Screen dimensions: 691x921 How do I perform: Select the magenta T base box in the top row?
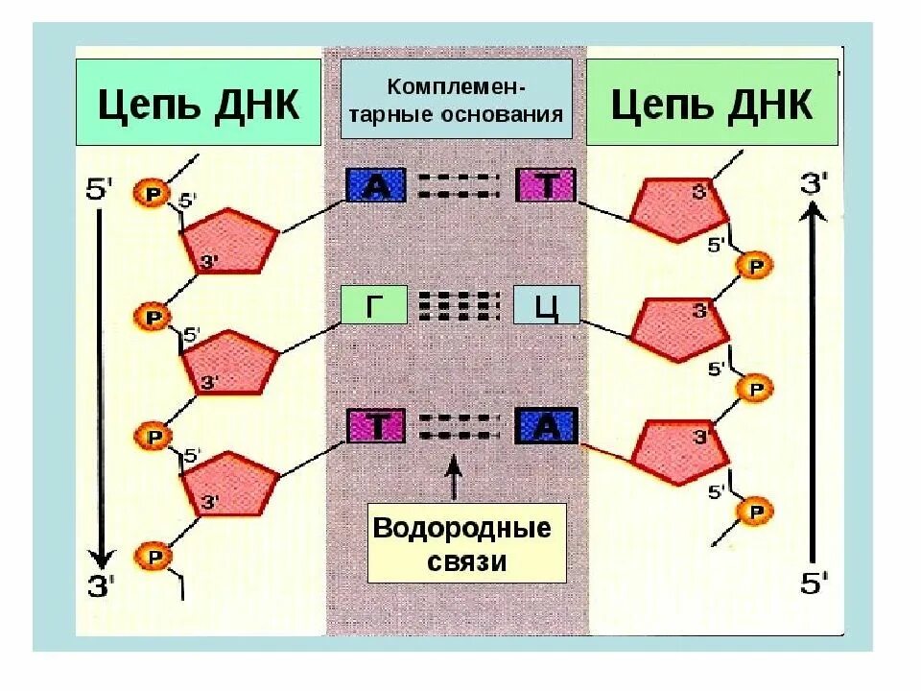pos(546,184)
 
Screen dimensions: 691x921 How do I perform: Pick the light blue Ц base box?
pos(546,305)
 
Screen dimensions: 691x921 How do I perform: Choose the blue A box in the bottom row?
pos(546,426)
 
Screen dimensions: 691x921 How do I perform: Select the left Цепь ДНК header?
pos(199,103)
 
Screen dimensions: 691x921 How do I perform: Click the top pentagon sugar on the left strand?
pos(230,239)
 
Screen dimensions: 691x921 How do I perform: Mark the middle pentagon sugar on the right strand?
pos(678,328)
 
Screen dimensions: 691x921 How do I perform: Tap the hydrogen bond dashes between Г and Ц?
pos(460,305)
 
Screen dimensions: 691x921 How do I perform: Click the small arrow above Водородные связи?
pos(453,474)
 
